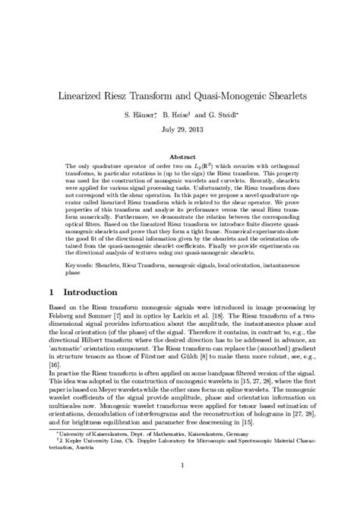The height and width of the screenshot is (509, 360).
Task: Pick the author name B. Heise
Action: point(177,115)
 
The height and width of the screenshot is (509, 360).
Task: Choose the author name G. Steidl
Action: point(224,115)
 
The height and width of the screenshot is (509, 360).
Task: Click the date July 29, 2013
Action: point(180,130)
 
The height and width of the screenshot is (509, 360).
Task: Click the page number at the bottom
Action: point(180,487)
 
